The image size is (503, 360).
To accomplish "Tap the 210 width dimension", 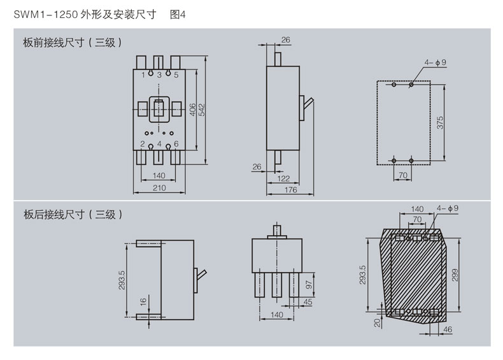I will pos(159,187).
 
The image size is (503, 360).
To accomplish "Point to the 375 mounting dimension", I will pos(439,122).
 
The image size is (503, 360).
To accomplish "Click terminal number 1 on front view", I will pos(143,75).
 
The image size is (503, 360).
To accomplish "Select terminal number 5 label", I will pos(175,75).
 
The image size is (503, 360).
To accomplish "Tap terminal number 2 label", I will pos(143,143).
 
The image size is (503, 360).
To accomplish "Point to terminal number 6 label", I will pos(176,143).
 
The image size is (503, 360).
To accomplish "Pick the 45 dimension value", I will pos(309,302).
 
